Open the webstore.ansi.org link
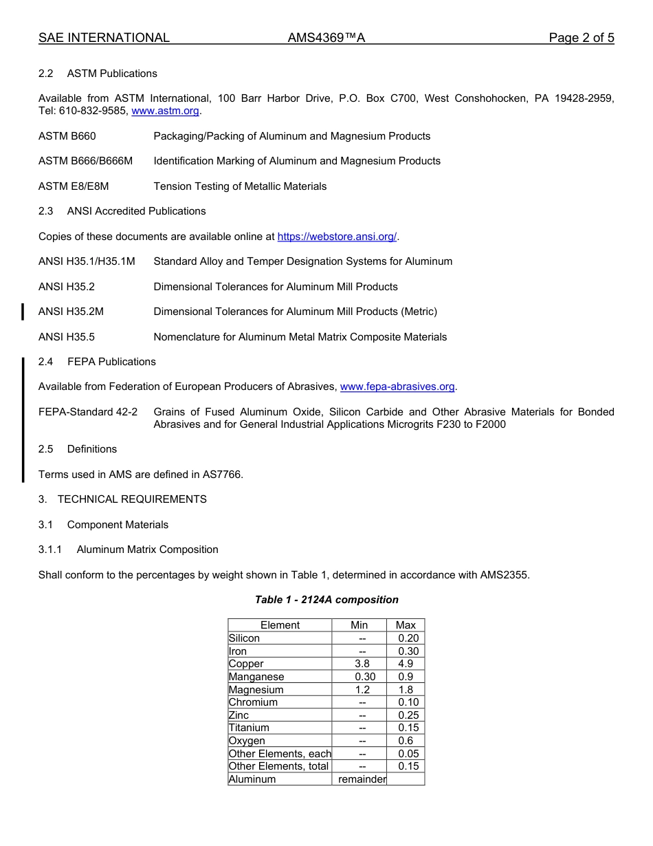337,237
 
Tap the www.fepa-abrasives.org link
397,387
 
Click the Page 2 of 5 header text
581,38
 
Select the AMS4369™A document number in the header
326,38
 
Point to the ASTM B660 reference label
67,136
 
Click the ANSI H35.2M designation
71,312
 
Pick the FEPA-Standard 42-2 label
87,412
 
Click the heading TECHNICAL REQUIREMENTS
132,499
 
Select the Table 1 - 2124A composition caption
326,600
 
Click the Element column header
280,625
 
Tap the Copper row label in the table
246,664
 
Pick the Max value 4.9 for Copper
406,664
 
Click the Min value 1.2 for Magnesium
362,690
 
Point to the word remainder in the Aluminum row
362,779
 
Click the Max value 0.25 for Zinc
408,715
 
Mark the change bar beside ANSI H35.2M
23,312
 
